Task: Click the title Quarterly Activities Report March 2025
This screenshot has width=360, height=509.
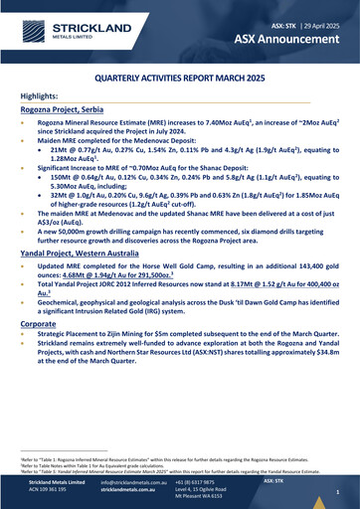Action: pyautogui.click(x=180, y=76)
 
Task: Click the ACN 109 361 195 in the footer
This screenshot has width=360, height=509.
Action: pyautogui.click(x=51, y=490)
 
